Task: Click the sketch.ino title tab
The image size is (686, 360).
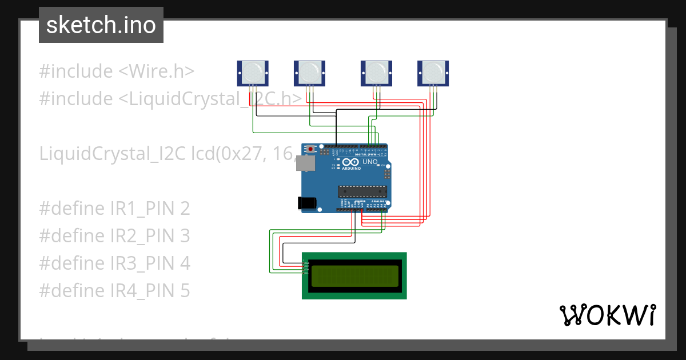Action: [x=101, y=25]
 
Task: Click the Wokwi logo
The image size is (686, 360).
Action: [x=607, y=315]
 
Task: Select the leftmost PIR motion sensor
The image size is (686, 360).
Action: [x=253, y=73]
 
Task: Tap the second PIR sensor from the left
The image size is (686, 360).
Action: [x=309, y=73]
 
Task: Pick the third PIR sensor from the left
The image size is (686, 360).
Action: [x=376, y=73]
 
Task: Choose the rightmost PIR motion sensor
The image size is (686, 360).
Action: [x=433, y=73]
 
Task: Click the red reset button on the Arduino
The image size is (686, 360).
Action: [x=310, y=150]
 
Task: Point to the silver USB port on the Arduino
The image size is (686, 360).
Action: [x=308, y=163]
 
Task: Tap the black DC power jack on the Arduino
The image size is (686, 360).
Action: [x=306, y=203]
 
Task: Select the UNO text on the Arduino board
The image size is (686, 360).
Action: [x=370, y=162]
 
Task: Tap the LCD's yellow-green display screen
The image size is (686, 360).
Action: [x=354, y=276]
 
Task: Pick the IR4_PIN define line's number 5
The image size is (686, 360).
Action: [x=185, y=291]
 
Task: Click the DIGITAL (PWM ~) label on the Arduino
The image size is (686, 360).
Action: [x=368, y=155]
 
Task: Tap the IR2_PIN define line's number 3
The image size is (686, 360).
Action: [x=185, y=236]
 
